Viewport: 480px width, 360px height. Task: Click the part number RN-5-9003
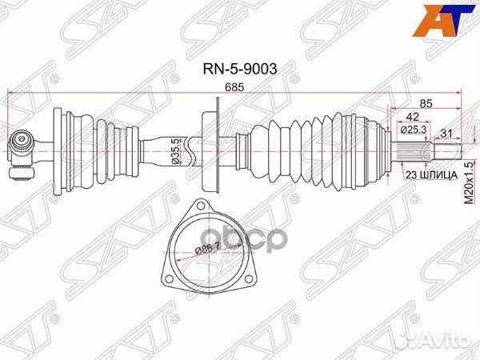point(240,69)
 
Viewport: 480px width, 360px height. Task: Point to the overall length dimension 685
point(234,87)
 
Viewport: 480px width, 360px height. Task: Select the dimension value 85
point(426,103)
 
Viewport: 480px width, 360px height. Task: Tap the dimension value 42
point(413,117)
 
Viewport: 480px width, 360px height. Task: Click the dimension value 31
point(446,133)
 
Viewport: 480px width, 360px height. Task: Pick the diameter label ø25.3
point(414,130)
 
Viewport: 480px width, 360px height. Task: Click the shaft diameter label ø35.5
point(175,151)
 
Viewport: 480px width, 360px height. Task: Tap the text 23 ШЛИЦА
point(431,175)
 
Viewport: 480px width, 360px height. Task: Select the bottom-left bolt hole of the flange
point(167,278)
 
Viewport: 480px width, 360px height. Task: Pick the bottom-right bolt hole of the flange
point(250,278)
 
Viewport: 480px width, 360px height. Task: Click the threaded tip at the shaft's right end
point(446,151)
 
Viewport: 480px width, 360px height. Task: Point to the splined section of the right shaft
point(411,151)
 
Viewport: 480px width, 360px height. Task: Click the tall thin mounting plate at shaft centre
point(218,145)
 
